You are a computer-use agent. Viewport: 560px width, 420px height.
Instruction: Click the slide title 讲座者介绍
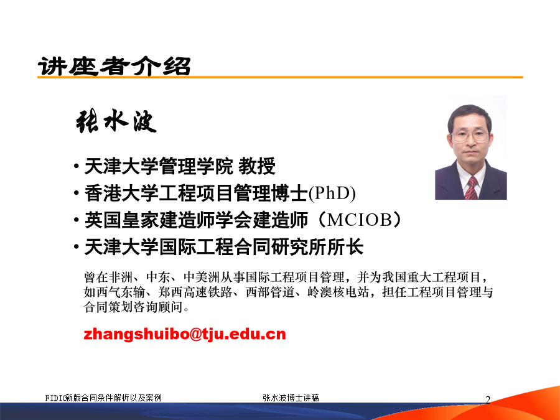click(114, 66)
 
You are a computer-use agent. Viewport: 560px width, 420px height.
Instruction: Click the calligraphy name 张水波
click(116, 121)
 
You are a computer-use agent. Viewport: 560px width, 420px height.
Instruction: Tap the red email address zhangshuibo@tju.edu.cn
click(185, 334)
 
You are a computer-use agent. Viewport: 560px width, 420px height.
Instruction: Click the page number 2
click(488, 399)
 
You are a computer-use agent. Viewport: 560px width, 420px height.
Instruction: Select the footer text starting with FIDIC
click(103, 398)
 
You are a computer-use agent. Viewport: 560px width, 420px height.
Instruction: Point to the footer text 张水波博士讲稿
click(291, 398)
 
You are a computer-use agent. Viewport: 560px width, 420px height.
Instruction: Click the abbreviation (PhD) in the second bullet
click(332, 194)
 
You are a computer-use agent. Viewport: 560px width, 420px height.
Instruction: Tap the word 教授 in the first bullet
click(257, 166)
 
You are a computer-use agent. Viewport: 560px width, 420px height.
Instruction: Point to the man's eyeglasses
click(470, 136)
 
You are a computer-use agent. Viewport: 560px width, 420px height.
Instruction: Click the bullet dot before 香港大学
click(76, 194)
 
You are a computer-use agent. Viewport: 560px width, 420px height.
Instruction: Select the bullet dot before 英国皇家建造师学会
click(76, 220)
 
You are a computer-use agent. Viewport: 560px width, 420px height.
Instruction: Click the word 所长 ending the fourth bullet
click(345, 247)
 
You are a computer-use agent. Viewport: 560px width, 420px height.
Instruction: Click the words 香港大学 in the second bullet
click(121, 194)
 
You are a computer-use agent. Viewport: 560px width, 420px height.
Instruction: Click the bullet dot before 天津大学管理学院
click(76, 166)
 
